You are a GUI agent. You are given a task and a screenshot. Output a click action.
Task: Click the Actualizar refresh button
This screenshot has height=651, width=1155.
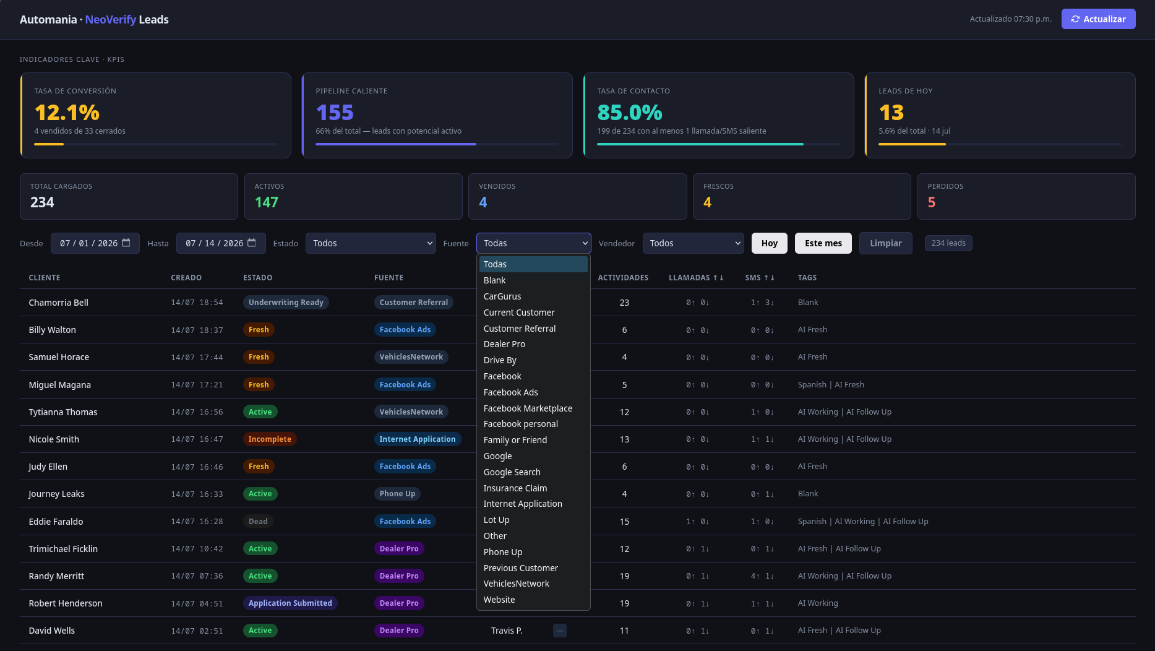(x=1098, y=19)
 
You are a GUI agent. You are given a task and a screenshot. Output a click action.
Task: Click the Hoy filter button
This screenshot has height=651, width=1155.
(x=770, y=243)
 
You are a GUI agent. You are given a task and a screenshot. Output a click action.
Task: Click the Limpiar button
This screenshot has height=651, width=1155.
(x=886, y=243)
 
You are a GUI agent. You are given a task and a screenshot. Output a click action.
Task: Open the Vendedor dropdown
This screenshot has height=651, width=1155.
(x=693, y=243)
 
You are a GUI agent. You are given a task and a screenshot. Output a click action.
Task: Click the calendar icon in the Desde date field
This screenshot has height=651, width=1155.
(x=126, y=243)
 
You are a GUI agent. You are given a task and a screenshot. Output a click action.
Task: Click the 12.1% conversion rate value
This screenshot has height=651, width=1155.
(x=67, y=113)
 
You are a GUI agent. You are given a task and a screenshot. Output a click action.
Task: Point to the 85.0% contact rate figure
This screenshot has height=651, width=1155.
(x=630, y=113)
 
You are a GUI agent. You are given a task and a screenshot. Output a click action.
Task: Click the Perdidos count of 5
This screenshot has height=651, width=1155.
(x=932, y=202)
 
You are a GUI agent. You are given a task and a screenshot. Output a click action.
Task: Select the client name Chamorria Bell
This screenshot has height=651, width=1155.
(x=59, y=303)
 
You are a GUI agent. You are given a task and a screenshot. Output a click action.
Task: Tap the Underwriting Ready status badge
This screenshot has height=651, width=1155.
(x=286, y=303)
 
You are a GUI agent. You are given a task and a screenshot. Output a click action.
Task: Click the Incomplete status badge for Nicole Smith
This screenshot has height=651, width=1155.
(x=270, y=439)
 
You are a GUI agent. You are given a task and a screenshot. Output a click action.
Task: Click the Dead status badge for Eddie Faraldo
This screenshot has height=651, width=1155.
(x=258, y=522)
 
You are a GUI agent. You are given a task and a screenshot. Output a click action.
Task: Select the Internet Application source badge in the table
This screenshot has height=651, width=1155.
(x=418, y=439)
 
